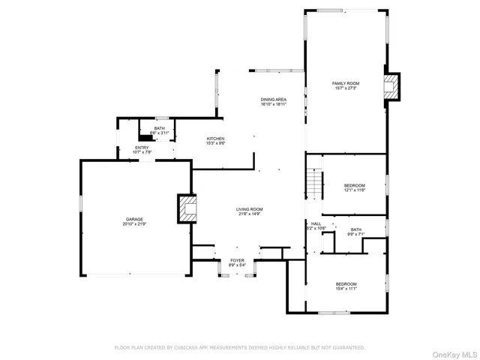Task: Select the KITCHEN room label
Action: coord(216,138)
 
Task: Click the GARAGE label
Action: coord(134,220)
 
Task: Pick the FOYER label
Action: coord(237,260)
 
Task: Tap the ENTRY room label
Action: coord(142,148)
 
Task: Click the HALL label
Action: coord(316,223)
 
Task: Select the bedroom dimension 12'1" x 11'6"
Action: coord(355,190)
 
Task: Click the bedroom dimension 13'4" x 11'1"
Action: coord(346,288)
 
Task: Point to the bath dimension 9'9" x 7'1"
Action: coord(355,234)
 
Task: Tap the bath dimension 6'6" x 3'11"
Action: coord(159,133)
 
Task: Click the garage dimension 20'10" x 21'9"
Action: coord(134,224)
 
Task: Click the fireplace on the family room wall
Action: coord(391,85)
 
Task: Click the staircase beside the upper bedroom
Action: coord(313,181)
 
